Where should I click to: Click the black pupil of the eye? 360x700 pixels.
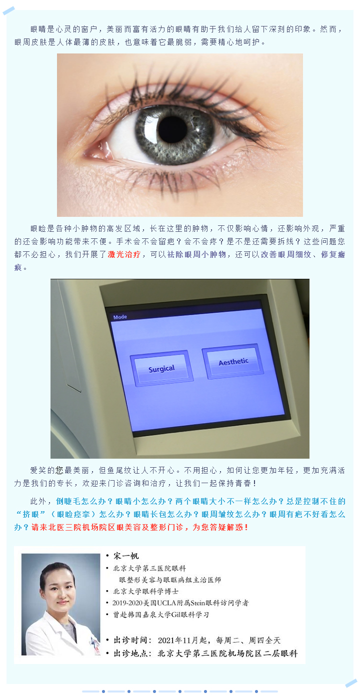coord(172,128)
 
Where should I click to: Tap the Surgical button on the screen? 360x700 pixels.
coord(161,368)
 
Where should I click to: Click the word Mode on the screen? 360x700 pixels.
coord(120,317)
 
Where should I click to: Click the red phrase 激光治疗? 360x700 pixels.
coord(124,255)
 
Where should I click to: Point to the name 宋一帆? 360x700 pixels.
coord(126,556)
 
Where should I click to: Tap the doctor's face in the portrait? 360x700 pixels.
coord(58,588)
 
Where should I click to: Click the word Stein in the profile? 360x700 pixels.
coord(197,603)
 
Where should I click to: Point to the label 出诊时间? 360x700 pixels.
coord(130,641)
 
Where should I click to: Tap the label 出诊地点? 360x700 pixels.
coord(130,653)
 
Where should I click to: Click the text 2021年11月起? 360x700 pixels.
coord(182,641)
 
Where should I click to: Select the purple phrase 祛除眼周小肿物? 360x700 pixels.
coord(196,255)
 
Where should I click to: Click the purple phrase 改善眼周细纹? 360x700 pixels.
coord(286,255)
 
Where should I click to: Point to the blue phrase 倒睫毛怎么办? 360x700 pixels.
coord(81,502)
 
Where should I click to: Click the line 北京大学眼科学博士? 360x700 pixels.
coord(146,591)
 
